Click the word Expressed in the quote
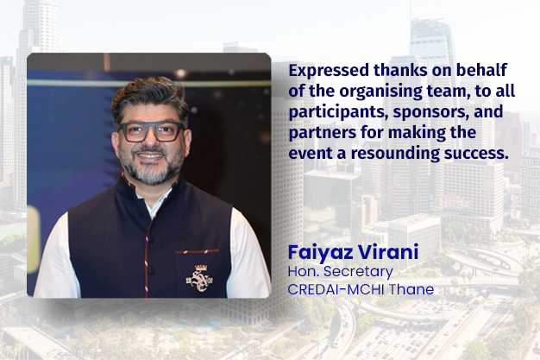pos(323,69)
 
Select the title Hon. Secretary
pos(336,273)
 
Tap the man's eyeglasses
pos(151,132)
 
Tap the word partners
pos(323,134)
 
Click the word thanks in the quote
pos(388,69)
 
